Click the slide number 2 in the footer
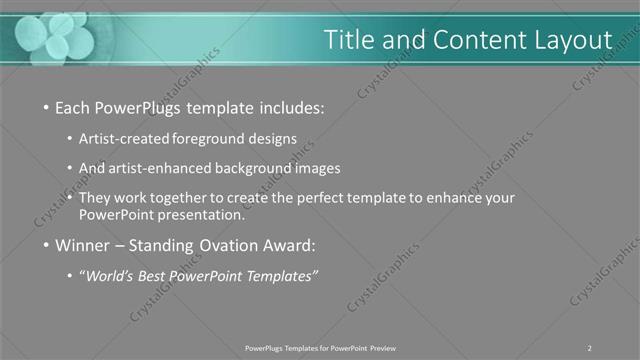pyautogui.click(x=590, y=348)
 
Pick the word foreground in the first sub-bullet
pyautogui.click(x=214, y=139)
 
